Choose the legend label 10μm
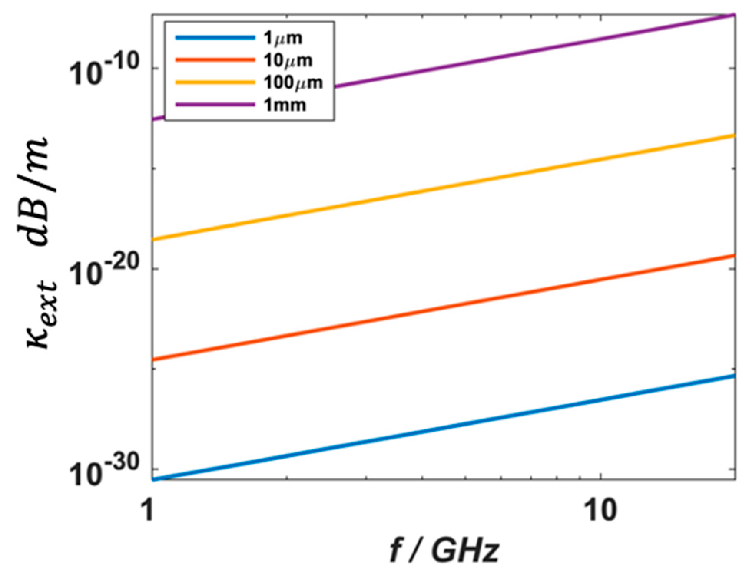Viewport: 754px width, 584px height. [x=288, y=60]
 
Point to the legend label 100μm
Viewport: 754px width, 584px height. [x=293, y=83]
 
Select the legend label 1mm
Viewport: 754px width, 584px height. [x=285, y=105]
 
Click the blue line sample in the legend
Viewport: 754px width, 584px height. [x=215, y=38]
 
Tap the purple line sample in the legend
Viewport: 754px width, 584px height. [x=215, y=105]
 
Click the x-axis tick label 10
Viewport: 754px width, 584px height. [x=600, y=510]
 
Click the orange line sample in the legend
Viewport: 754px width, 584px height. [x=215, y=82]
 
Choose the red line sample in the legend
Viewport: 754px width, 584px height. [x=215, y=60]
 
